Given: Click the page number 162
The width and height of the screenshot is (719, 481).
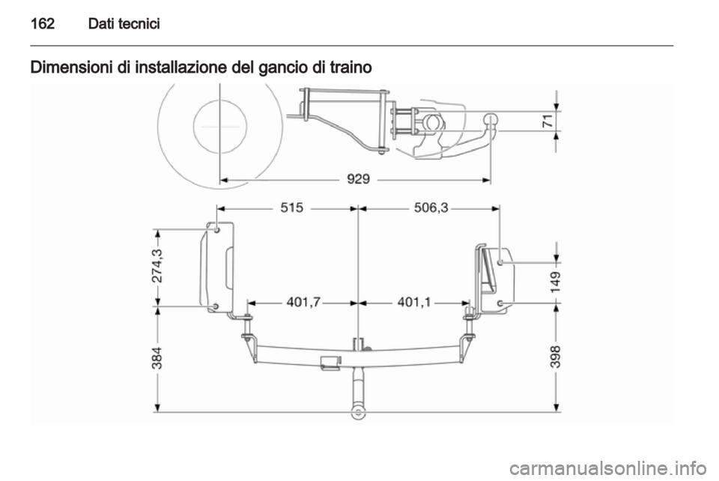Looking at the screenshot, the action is pos(42,23).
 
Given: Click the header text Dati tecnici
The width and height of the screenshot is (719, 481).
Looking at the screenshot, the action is pos(124,23).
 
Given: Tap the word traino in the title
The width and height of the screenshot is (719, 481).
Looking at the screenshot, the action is pos(351,67).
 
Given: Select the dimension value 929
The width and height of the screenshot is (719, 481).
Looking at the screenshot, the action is pos(358,179).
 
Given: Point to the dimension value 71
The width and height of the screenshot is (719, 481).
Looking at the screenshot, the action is pos(547,121).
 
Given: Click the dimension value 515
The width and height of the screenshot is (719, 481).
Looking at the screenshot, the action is pos(292,208).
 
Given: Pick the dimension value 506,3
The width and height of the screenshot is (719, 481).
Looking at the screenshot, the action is pos(431,208).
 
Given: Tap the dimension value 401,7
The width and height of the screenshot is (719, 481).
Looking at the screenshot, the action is pos(304,302).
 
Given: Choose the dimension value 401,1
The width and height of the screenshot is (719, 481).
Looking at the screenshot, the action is pos(414,302).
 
